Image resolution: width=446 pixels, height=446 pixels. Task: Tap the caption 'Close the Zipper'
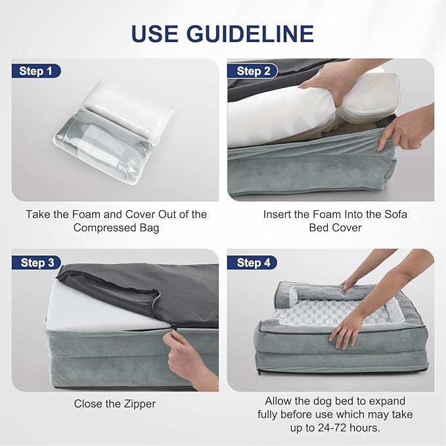(116, 404)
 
